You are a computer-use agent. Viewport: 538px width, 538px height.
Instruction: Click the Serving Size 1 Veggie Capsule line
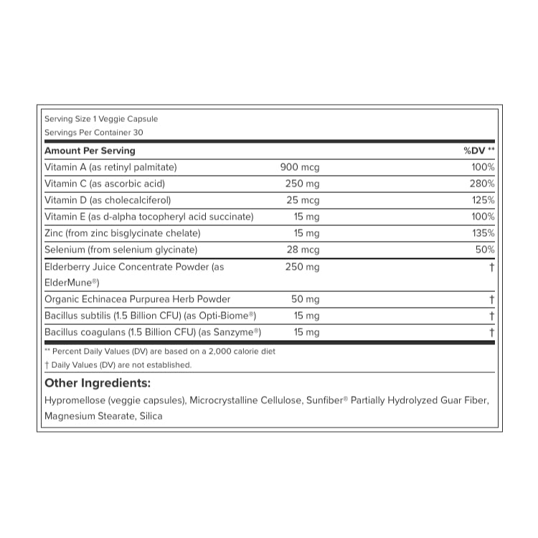tap(101, 119)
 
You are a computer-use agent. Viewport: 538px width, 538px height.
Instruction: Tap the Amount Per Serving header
tap(90, 151)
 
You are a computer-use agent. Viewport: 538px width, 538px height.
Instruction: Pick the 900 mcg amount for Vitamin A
tap(300, 167)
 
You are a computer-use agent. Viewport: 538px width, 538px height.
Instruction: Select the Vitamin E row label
tap(148, 217)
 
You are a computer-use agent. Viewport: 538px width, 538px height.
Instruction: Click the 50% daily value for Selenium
tap(485, 250)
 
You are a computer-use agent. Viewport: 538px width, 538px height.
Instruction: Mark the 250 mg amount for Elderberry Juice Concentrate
tap(302, 267)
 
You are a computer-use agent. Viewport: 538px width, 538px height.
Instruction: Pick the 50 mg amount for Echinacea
tap(304, 299)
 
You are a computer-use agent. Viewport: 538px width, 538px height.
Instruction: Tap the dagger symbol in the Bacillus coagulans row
tap(492, 332)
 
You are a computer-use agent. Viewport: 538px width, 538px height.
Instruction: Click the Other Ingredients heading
tap(98, 383)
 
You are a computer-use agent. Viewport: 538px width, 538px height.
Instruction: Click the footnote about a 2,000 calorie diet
tap(160, 351)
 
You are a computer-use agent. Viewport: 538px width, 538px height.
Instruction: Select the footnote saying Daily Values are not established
tap(118, 365)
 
